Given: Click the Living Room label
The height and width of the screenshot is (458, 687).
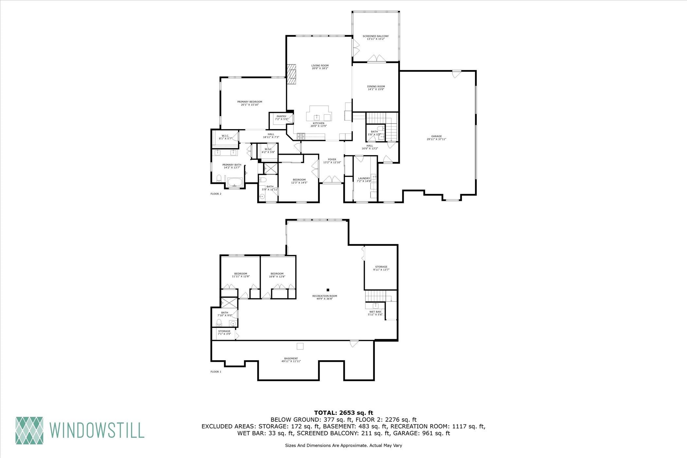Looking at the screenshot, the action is click(x=320, y=67).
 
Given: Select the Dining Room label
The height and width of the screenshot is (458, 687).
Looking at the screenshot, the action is click(x=376, y=88).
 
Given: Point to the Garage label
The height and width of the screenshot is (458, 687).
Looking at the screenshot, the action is click(x=436, y=137).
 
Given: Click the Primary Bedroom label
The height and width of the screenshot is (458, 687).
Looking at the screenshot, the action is click(x=250, y=103).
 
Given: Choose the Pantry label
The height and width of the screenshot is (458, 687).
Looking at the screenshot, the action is click(x=281, y=117).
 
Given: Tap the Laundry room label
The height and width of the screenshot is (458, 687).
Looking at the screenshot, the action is click(x=364, y=180).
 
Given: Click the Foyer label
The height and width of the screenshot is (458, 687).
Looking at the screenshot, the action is click(x=332, y=161).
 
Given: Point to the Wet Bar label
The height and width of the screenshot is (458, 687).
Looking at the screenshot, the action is click(x=375, y=313).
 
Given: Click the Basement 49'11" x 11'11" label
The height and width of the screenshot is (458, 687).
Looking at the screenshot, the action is click(x=291, y=360).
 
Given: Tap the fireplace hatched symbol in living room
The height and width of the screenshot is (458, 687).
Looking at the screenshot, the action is click(x=292, y=74).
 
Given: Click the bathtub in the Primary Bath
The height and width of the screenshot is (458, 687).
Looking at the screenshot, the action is click(x=235, y=182).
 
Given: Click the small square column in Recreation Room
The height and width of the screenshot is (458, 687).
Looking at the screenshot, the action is click(x=328, y=290).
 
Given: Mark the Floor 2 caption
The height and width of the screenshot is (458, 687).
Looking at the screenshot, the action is click(x=216, y=194).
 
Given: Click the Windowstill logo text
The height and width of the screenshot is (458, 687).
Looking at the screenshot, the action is click(x=97, y=430).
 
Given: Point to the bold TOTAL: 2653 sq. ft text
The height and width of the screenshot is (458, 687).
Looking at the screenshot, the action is click(x=343, y=413).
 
